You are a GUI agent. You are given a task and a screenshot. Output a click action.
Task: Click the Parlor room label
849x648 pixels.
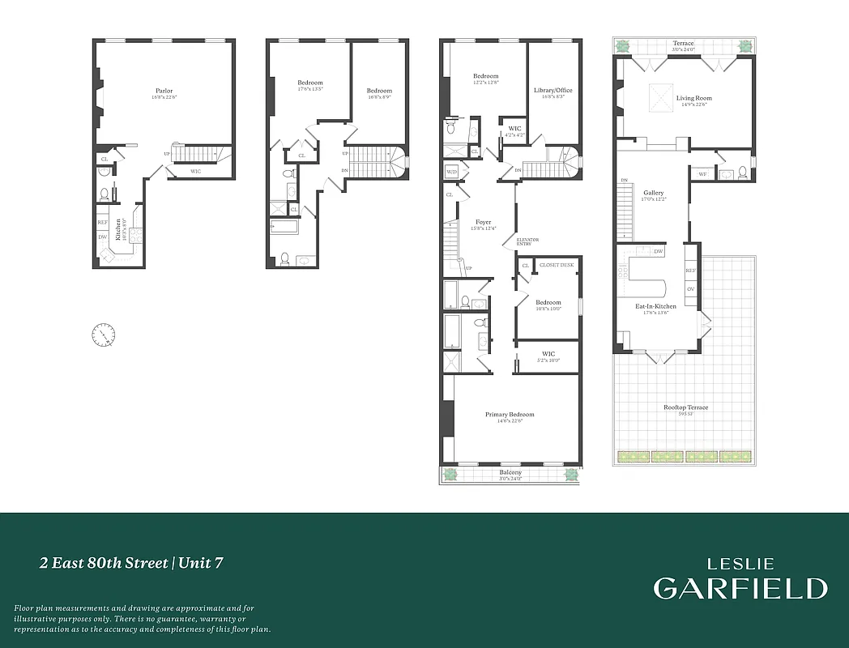[x=164, y=91]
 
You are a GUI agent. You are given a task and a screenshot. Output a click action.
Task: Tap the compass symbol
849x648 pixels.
[x=104, y=333]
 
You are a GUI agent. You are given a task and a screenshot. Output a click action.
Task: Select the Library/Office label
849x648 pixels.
[x=552, y=90]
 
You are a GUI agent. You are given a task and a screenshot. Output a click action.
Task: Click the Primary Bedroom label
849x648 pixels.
[x=510, y=415]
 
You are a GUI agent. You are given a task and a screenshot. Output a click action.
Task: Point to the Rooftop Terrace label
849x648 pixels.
[x=685, y=407]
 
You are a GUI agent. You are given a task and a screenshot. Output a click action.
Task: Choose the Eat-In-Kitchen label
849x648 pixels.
[x=655, y=306]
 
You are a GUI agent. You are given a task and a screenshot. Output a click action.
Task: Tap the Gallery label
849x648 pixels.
[x=653, y=193]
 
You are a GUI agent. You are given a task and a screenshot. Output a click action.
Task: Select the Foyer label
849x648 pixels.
[x=484, y=222]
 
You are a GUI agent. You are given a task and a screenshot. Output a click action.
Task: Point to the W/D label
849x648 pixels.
[x=451, y=171]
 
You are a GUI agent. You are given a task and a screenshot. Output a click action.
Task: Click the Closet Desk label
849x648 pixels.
[x=556, y=265]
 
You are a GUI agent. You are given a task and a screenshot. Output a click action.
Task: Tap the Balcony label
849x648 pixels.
[x=510, y=472]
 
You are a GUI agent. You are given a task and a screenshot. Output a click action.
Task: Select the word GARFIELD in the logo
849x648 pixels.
[x=740, y=588]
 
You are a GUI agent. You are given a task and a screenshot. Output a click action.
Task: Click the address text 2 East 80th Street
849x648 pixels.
[x=104, y=563]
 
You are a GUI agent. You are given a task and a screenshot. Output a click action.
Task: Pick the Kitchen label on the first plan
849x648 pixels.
[x=117, y=229]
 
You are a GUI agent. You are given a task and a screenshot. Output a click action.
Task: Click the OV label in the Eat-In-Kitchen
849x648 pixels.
[x=690, y=288]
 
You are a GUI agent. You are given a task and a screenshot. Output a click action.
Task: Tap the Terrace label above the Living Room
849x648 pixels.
[x=683, y=43]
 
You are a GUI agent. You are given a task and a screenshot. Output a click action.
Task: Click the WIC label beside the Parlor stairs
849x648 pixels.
[x=196, y=171]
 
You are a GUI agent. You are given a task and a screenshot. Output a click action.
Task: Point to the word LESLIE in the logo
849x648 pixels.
[x=740, y=564]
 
